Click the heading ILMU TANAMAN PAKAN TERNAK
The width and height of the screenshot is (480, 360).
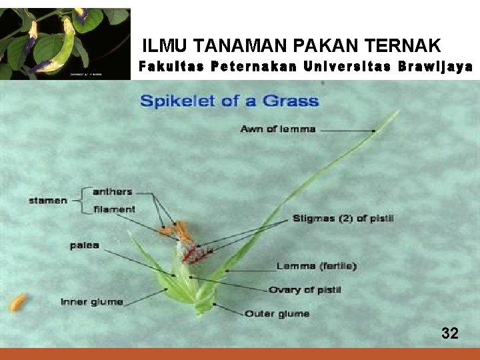(291, 45)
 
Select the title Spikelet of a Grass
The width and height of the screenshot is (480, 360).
(229, 102)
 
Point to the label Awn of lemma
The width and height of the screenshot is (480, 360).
(277, 129)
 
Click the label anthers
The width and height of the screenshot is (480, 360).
(112, 192)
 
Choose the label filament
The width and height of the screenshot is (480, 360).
(114, 209)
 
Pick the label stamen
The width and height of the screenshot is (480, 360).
(47, 200)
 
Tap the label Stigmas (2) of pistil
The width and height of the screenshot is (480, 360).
(343, 218)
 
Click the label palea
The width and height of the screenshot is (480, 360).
(84, 245)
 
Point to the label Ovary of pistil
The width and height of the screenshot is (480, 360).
(304, 290)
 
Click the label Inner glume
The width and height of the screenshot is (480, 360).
(91, 302)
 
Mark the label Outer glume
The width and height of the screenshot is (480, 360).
(277, 313)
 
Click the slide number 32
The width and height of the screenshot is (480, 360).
(450, 333)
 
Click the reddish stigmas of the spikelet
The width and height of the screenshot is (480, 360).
(197, 253)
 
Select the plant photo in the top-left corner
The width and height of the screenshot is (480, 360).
(65, 43)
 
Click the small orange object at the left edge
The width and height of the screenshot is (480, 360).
(18, 303)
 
